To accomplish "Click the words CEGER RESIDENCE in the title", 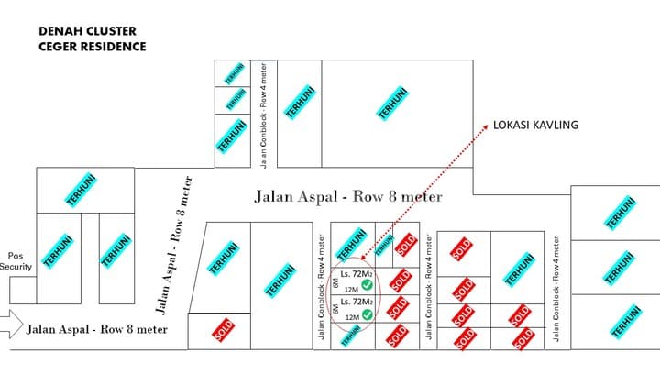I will click(92, 46).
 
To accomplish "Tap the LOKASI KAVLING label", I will click(536, 126).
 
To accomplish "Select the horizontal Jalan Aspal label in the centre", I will click(347, 197).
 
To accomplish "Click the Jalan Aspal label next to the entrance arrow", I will click(96, 328).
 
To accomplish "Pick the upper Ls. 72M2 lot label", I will click(356, 273).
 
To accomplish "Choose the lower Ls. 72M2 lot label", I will click(356, 302).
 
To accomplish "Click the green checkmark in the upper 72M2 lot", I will click(367, 286).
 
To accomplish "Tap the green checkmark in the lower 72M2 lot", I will click(367, 314).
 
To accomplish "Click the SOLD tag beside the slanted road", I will click(220, 331).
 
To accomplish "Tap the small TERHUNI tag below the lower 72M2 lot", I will click(351, 337).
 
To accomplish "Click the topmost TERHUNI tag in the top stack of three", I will click(235, 72).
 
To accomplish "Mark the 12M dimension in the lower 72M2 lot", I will click(352, 316).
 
